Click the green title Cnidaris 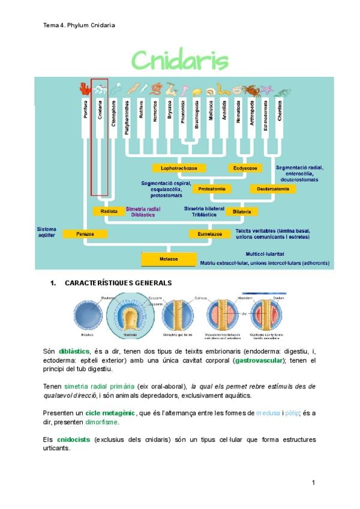tap(179, 61)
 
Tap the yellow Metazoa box tap(169, 259)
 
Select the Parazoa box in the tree tap(80, 233)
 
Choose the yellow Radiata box tap(109, 211)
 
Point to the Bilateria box tap(242, 211)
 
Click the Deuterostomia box tap(272, 189)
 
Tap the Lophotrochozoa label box tap(179, 167)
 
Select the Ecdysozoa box tap(245, 167)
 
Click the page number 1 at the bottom tap(313, 482)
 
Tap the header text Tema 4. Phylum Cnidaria tap(79, 25)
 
